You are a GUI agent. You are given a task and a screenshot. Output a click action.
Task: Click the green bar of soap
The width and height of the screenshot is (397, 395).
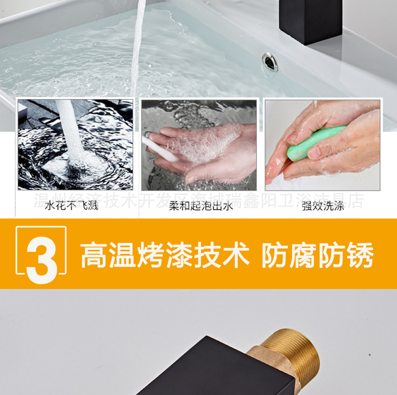point(308,143)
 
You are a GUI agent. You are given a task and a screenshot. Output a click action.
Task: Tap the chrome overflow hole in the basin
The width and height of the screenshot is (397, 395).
point(270,62)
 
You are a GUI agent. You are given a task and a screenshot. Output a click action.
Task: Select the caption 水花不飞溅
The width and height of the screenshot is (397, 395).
point(71,206)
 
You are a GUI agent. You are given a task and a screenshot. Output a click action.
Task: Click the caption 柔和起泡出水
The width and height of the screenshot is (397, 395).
point(201,206)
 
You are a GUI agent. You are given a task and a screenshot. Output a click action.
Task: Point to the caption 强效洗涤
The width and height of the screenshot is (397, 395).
point(323,206)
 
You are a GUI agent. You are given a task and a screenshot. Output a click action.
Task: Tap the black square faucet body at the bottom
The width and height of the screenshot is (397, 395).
point(212,371)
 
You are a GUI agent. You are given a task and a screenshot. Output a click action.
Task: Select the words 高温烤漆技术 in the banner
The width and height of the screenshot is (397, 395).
point(165,256)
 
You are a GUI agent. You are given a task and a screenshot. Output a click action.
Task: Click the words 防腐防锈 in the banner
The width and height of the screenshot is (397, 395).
point(318,256)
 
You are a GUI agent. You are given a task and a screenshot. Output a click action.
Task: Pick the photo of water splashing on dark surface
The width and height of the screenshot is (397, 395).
point(75,145)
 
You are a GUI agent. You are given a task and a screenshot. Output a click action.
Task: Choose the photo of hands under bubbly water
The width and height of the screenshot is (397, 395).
point(199,145)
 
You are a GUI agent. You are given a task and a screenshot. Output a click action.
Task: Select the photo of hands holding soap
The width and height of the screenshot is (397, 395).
point(322,145)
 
